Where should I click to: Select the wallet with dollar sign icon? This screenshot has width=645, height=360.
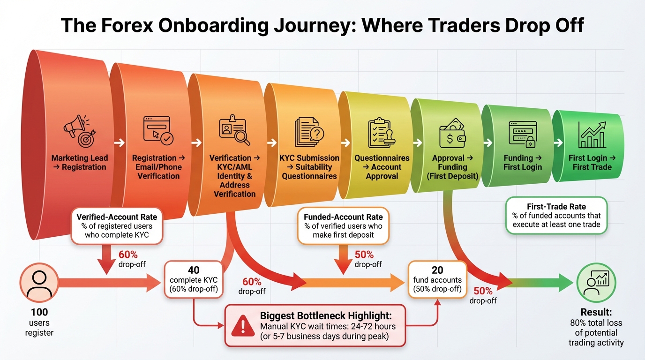click(452, 133)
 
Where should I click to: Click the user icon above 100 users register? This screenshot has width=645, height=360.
click(39, 284)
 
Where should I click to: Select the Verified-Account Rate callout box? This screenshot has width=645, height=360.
click(117, 226)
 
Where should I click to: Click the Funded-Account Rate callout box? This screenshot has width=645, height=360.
click(343, 225)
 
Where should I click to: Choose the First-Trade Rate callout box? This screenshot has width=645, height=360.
click(556, 215)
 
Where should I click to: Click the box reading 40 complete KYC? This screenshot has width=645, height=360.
click(194, 279)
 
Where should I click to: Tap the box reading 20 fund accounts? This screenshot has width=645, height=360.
click(437, 279)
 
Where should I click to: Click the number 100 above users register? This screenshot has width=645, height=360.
click(39, 312)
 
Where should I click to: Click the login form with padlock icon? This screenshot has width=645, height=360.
click(522, 134)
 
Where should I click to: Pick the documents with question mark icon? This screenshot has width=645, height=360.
click(309, 133)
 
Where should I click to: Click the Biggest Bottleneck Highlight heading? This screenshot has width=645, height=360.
click(326, 315)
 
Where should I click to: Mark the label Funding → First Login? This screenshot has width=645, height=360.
click(522, 162)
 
